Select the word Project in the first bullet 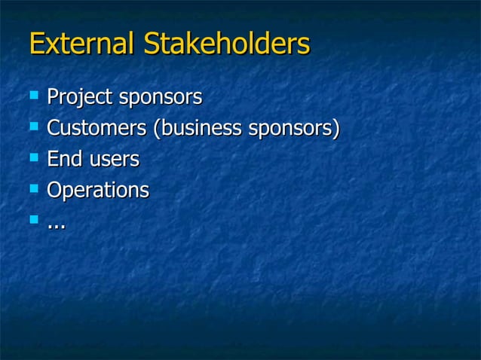77,97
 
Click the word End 64,159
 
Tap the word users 114,160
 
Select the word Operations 97,191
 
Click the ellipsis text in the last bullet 55,224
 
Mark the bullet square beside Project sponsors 32,95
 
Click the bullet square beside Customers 32,127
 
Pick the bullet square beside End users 32,157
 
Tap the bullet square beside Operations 32,189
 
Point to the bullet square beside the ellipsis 32,220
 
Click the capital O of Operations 54,190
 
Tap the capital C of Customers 54,128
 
